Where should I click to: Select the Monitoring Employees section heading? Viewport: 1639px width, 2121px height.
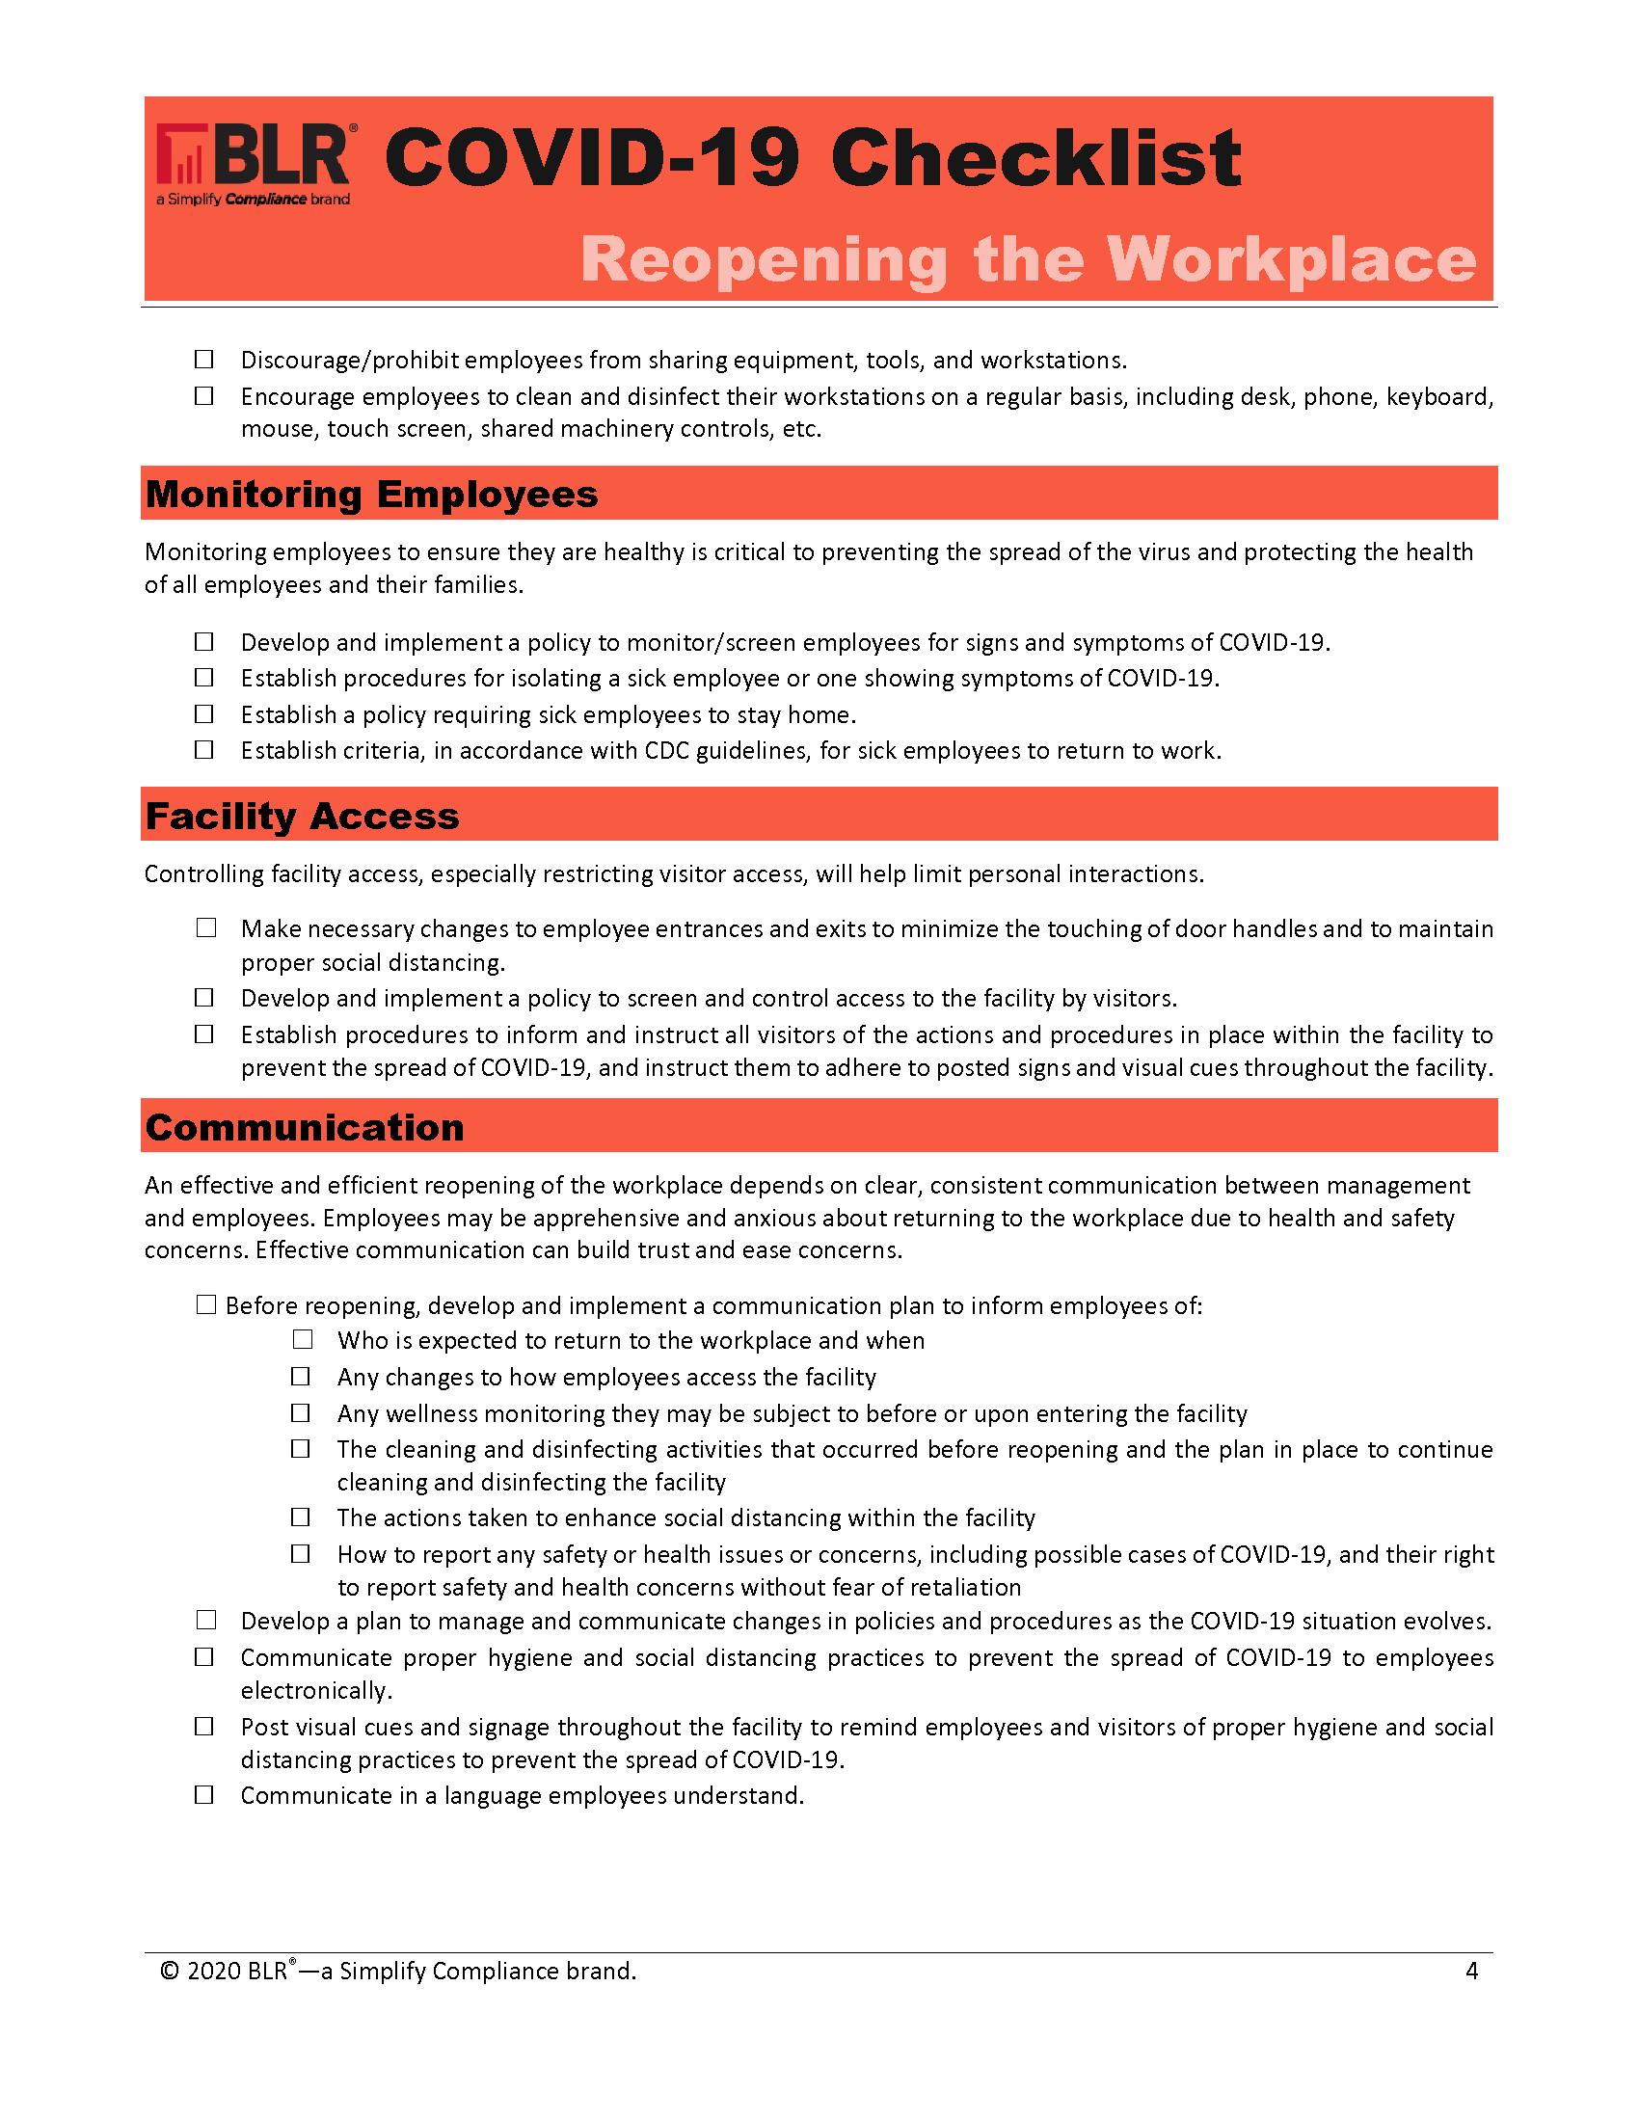[371, 495]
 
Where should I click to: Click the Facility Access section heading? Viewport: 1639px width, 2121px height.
[302, 816]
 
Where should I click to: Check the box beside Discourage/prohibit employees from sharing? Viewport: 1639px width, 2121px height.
[203, 361]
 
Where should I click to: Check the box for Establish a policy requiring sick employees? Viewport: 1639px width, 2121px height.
[203, 714]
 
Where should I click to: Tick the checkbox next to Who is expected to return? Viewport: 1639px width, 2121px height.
[302, 1340]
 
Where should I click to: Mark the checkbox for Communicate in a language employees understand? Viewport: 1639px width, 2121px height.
[203, 1796]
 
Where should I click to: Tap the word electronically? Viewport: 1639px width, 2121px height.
[315, 1691]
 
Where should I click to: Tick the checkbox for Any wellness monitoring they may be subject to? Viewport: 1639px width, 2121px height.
[302, 1413]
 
